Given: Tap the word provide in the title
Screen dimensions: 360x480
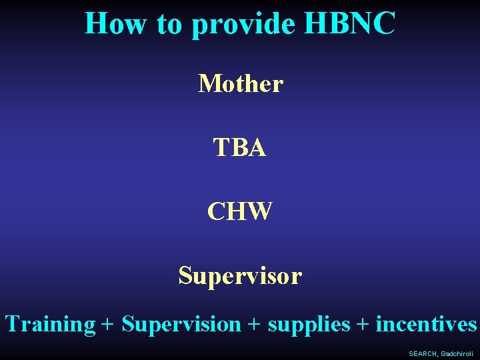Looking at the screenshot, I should tap(244, 24).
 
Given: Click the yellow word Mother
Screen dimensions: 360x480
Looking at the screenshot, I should tap(241, 84).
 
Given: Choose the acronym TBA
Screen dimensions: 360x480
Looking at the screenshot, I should tap(240, 148).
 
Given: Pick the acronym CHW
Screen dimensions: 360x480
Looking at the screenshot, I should tap(240, 211).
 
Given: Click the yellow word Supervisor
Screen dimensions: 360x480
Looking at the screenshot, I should tap(240, 275).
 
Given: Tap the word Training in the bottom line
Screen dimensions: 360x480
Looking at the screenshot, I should tap(51, 325).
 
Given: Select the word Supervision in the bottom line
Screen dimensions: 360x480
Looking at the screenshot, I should tap(181, 325).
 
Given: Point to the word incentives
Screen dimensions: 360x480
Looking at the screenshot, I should tap(427, 325).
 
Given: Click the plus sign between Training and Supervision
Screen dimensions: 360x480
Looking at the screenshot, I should tap(108, 325).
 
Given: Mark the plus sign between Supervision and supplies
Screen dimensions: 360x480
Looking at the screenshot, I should tap(254, 325).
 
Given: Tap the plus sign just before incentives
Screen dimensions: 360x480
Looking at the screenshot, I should tap(363, 325).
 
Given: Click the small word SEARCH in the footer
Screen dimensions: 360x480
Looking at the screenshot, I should tap(423, 354).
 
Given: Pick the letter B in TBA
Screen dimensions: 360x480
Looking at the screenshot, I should tap(241, 148).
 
